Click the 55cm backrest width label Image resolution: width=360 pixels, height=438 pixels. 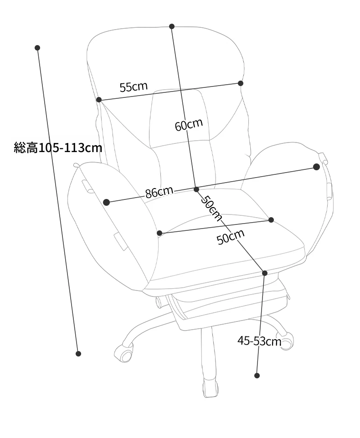pos(134,87)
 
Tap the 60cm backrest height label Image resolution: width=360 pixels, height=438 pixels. pos(189,125)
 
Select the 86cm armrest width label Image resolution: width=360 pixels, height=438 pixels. pos(159,192)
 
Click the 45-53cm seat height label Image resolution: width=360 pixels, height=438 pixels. pos(259,341)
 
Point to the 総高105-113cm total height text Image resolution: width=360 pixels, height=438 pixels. pos(58,148)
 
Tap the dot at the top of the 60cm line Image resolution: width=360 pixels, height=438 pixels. pos(172,26)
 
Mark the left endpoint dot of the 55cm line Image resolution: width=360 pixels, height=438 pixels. pos(99,100)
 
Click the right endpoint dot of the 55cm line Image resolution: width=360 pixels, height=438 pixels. pos(240,83)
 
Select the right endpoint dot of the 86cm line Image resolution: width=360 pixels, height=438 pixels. pos(316,167)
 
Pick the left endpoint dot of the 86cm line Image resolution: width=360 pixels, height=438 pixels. pos(106,202)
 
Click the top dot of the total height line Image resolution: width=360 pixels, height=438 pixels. pos(37,48)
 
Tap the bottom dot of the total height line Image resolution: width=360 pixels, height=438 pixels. pos(78,354)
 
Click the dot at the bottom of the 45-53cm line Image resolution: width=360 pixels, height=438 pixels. pos(257,376)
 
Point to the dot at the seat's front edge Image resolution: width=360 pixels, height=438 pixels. pos(265,273)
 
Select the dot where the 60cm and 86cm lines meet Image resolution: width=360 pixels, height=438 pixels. pos(196,189)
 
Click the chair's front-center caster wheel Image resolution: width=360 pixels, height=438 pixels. pos(210,388)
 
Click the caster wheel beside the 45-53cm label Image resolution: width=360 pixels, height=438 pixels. pos(286,341)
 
